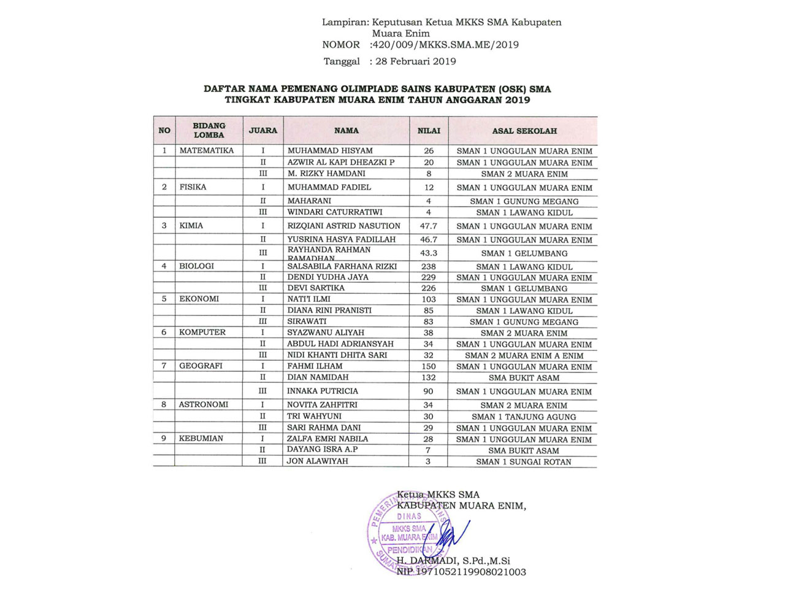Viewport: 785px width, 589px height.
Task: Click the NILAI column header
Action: pyautogui.click(x=429, y=131)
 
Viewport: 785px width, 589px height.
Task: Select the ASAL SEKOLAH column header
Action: pyautogui.click(x=524, y=131)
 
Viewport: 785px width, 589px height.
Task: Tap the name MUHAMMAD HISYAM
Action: pyautogui.click(x=330, y=151)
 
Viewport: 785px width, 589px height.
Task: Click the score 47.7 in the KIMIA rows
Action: pyautogui.click(x=429, y=226)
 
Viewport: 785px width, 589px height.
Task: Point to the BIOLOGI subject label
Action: pyautogui.click(x=196, y=266)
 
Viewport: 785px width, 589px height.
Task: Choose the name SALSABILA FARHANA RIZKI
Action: pyautogui.click(x=342, y=266)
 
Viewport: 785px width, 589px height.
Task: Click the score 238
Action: pyautogui.click(x=429, y=266)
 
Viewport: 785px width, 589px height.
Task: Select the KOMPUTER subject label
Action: pyautogui.click(x=202, y=333)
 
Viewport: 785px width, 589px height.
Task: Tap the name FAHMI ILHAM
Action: pyautogui.click(x=315, y=366)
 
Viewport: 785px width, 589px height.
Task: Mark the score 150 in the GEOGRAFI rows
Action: pyautogui.click(x=429, y=366)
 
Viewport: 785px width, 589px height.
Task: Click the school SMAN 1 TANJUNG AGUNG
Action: pyautogui.click(x=524, y=417)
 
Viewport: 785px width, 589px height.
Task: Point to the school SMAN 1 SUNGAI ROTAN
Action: pyautogui.click(x=524, y=462)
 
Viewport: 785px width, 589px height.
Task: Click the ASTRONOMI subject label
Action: pyautogui.click(x=204, y=405)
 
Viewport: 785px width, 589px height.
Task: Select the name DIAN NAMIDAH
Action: pyautogui.click(x=318, y=377)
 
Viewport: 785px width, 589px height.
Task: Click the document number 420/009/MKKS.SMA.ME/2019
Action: pyautogui.click(x=445, y=45)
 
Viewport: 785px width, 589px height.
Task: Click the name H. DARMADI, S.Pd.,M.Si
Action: pyautogui.click(x=453, y=561)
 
